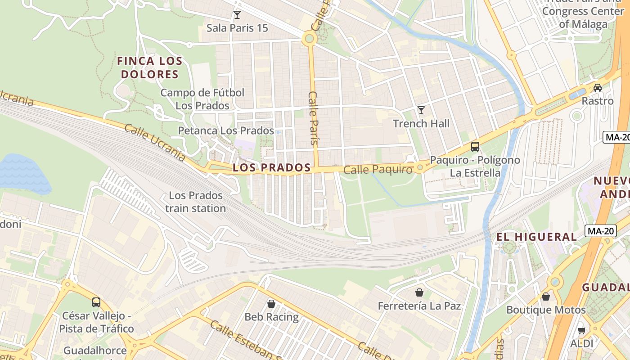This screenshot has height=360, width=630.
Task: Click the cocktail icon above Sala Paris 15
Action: tap(237, 15)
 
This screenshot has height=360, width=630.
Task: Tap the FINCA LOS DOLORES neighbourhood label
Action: tap(149, 67)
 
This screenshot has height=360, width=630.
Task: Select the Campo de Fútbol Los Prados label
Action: tap(202, 99)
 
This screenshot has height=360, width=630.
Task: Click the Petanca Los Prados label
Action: tap(226, 130)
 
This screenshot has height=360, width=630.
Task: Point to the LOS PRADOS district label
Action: tap(272, 168)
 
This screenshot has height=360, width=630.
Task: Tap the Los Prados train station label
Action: tap(195, 202)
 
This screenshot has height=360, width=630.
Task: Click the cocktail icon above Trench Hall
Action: tap(421, 110)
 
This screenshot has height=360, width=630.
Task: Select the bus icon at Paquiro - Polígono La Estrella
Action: tap(475, 146)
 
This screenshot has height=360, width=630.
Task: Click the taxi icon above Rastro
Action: tap(598, 87)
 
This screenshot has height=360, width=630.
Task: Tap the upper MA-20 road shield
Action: tap(616, 137)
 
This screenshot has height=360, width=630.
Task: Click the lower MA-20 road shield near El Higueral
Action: tap(600, 231)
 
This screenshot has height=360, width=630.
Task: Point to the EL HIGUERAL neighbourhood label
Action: tap(536, 237)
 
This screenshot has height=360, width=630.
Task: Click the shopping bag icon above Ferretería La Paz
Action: tap(419, 292)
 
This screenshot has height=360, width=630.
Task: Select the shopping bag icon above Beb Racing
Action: tap(271, 304)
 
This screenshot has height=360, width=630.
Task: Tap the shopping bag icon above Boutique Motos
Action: tap(546, 297)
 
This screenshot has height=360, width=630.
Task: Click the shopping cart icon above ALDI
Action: tap(581, 331)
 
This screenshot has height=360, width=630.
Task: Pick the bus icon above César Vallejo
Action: tap(96, 302)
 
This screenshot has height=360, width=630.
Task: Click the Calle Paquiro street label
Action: tap(378, 170)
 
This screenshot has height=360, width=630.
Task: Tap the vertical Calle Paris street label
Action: tap(314, 117)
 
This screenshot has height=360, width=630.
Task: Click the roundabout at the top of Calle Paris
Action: tap(309, 38)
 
